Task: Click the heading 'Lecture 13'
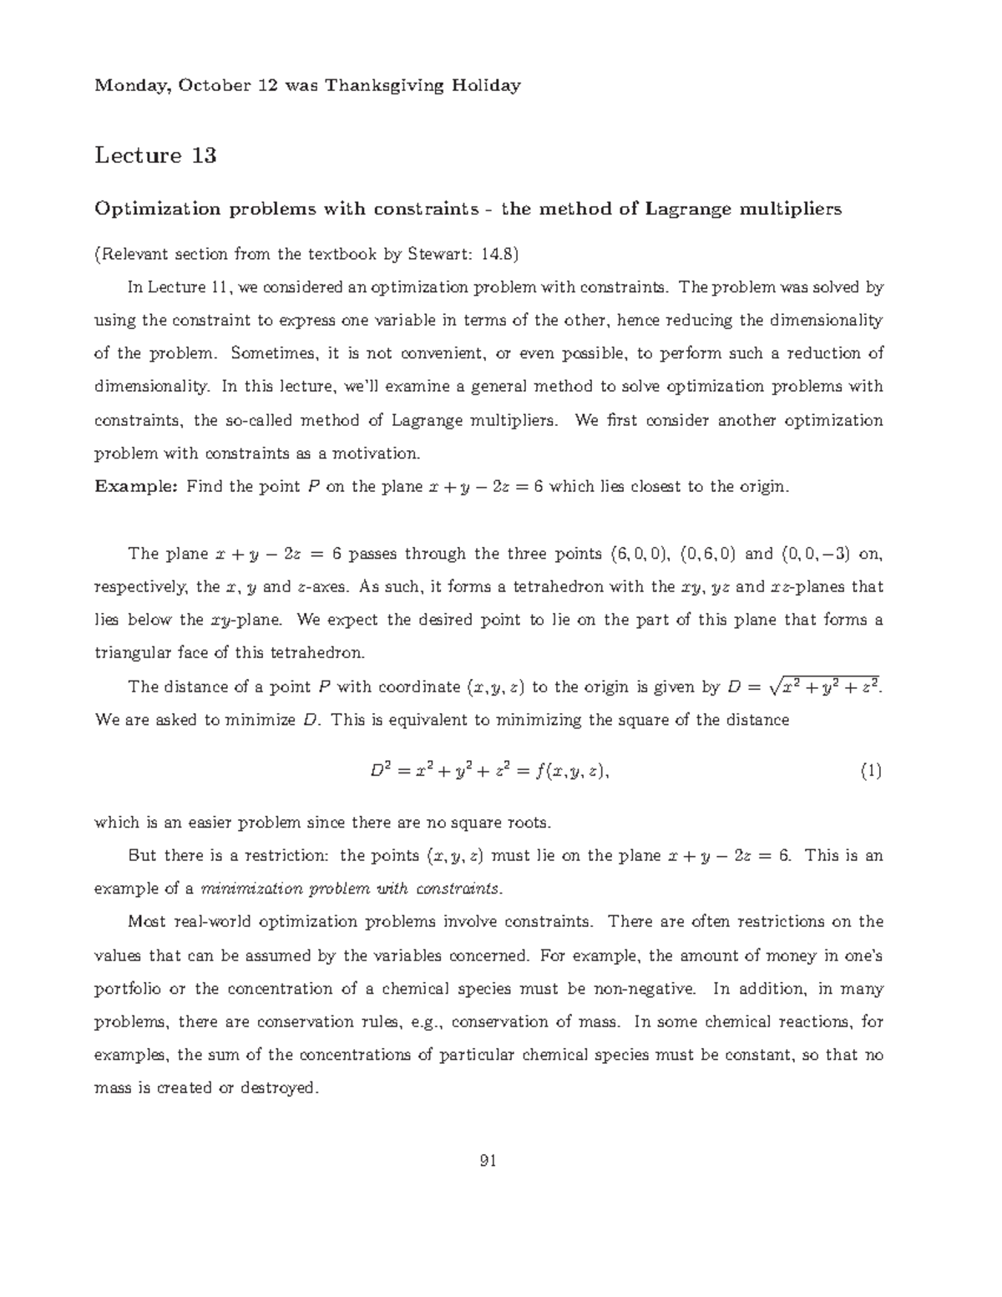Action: [x=155, y=155]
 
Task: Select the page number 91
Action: [x=489, y=1160]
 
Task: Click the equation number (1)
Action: [x=871, y=772]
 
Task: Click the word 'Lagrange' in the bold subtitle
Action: [x=689, y=209]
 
